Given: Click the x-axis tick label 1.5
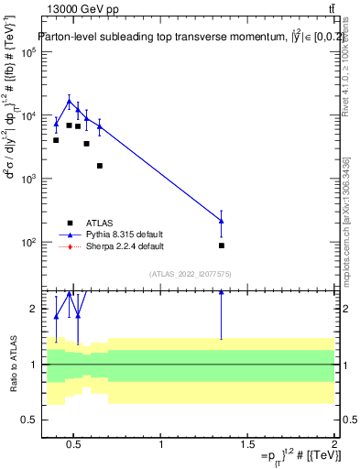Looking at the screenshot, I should pyautogui.click(x=247, y=445).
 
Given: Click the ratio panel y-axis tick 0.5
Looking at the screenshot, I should pyautogui.click(x=28, y=420).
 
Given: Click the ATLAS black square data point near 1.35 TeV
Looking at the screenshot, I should pyautogui.click(x=222, y=245).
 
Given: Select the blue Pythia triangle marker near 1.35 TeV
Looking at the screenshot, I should pyautogui.click(x=222, y=221).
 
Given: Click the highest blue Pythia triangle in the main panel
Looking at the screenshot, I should pyautogui.click(x=69, y=102).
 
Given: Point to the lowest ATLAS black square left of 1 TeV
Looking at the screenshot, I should pyautogui.click(x=99, y=166).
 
